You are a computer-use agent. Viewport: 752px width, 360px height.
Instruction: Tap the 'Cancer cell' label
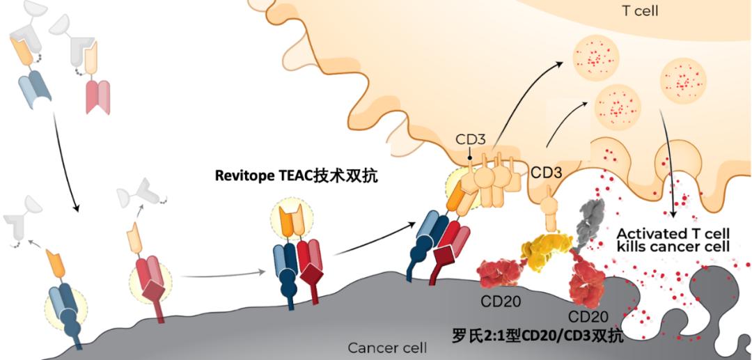[x=387, y=347]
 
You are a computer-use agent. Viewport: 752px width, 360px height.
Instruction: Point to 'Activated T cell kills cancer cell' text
[x=673, y=240]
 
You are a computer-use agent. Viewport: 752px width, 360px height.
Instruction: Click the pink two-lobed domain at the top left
[x=96, y=95]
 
